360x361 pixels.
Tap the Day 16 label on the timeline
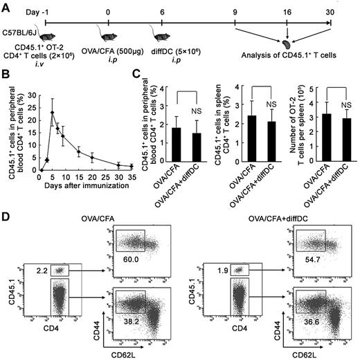(288, 11)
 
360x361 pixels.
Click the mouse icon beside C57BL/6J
(47, 39)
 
